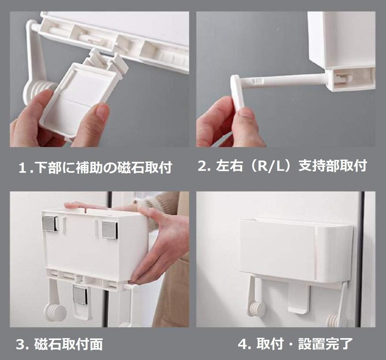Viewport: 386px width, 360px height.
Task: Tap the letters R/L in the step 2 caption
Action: click(x=270, y=166)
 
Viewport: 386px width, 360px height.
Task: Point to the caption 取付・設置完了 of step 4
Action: click(x=295, y=344)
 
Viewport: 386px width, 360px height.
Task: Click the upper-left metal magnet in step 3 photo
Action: click(x=50, y=223)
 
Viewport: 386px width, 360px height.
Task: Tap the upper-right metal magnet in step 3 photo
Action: click(x=109, y=229)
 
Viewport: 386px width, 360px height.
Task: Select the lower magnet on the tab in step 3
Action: click(x=80, y=295)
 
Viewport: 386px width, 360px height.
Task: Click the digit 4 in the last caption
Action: click(x=242, y=344)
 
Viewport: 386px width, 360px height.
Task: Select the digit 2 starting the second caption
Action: click(x=202, y=166)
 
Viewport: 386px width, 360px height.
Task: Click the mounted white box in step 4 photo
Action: click(x=296, y=249)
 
